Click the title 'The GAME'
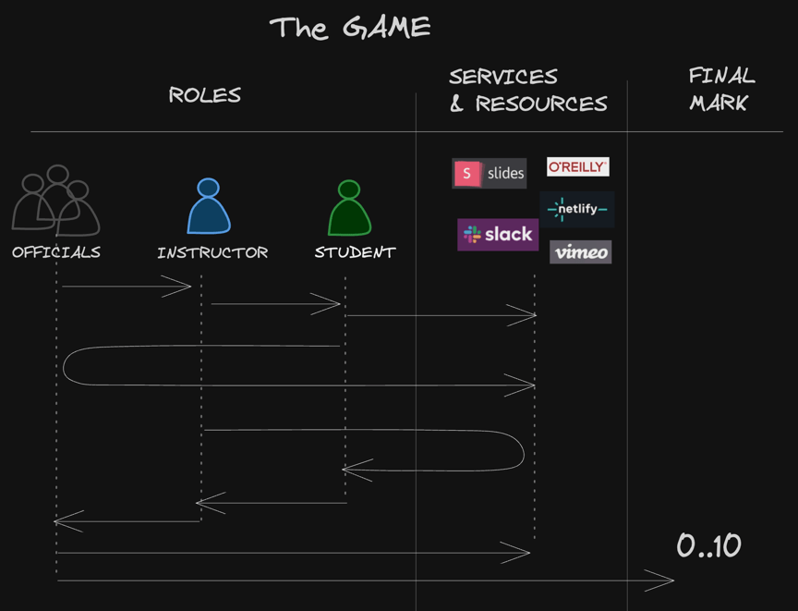[x=349, y=28]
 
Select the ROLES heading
[x=204, y=95]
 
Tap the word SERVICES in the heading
[x=503, y=77]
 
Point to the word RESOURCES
[x=541, y=104]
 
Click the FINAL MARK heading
[x=720, y=89]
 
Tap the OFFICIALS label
[x=56, y=252]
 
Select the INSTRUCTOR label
[x=212, y=252]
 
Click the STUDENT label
[x=355, y=252]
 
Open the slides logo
[x=489, y=173]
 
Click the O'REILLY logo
[x=577, y=167]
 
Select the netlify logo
[x=577, y=210]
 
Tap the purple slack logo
[x=498, y=235]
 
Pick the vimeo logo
[x=581, y=252]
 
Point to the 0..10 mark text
[x=708, y=546]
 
